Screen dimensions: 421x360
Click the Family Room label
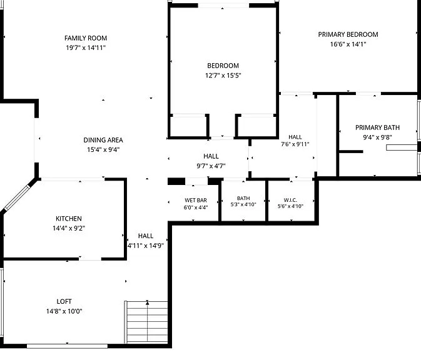click(x=86, y=38)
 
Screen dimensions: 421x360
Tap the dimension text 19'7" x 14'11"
click(x=86, y=47)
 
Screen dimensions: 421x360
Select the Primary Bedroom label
click(x=348, y=34)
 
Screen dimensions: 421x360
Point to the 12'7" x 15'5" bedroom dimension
click(x=223, y=76)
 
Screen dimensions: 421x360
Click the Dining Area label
click(x=103, y=140)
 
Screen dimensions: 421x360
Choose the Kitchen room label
click(x=69, y=219)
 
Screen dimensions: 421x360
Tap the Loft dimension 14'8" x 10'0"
click(x=64, y=311)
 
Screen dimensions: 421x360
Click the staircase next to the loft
click(x=146, y=322)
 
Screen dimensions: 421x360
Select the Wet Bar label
click(x=196, y=200)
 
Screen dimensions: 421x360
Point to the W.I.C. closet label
click(x=290, y=200)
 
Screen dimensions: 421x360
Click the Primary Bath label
click(x=377, y=127)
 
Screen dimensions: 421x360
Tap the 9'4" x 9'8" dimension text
click(x=377, y=137)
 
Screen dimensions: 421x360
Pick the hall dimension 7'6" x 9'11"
click(x=295, y=144)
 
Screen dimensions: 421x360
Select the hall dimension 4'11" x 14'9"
click(x=146, y=246)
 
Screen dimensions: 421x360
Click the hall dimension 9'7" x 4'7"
click(x=211, y=166)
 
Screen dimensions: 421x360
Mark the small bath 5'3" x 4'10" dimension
click(x=243, y=204)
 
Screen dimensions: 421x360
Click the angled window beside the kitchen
click(x=17, y=197)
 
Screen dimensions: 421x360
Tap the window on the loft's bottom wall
click(x=67, y=346)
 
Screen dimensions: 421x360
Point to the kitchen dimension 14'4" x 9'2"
click(x=69, y=228)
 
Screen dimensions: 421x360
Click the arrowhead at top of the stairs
click(x=147, y=302)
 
